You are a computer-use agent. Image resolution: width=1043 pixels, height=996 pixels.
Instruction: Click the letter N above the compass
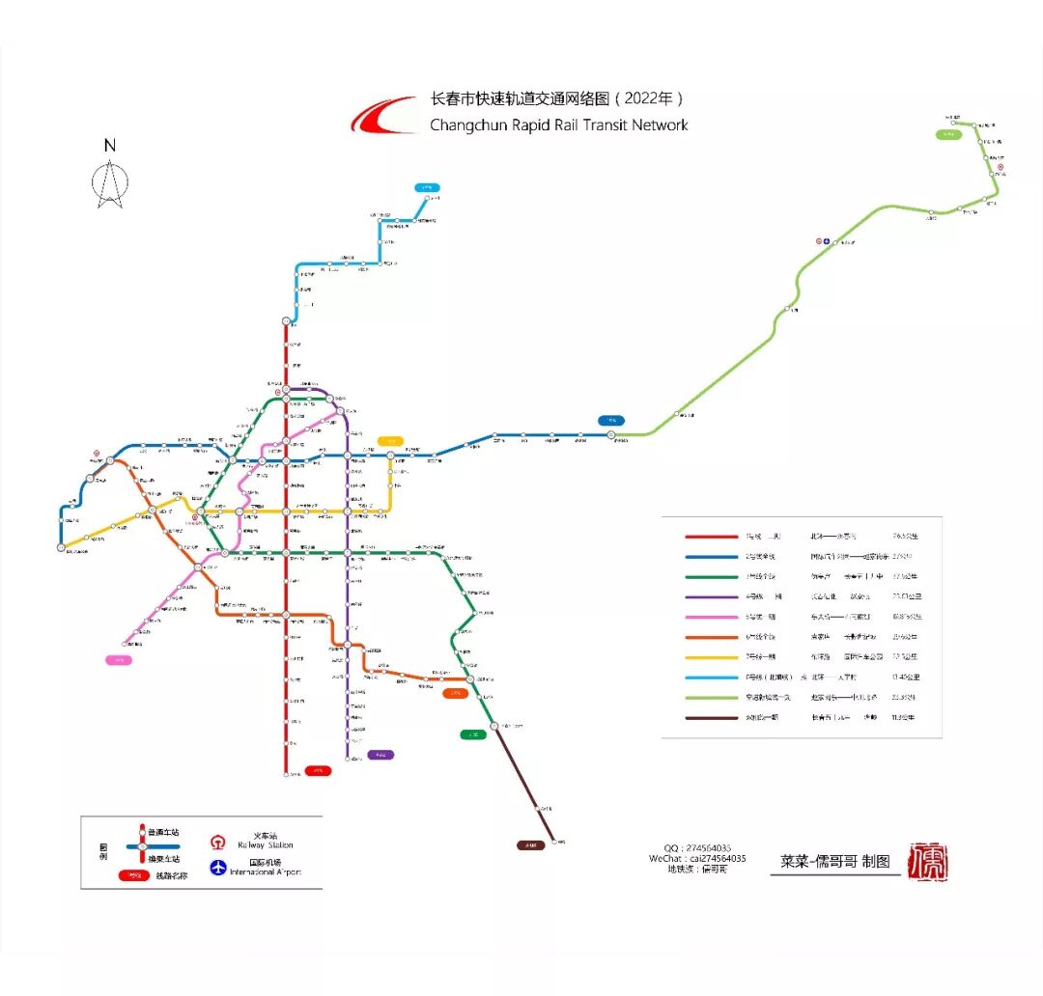coord(110,146)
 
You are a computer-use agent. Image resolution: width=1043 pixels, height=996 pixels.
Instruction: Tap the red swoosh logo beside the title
coord(383,118)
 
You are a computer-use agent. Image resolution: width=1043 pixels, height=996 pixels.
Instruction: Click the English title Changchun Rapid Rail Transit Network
coord(558,124)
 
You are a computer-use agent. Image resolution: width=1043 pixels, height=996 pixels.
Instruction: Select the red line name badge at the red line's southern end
coord(318,770)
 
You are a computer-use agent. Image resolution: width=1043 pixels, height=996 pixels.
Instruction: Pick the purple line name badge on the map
coord(380,755)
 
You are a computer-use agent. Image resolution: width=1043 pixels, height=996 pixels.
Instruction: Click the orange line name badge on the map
coord(454,693)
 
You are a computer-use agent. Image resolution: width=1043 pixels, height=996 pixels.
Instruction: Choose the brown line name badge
coord(530,845)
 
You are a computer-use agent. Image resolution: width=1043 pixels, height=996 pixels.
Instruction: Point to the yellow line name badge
coord(390,440)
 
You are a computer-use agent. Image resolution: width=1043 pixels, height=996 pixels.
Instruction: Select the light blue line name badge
coord(427,187)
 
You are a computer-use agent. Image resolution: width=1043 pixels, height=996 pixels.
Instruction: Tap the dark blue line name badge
coord(611,420)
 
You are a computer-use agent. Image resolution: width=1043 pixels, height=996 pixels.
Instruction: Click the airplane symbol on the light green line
coord(827,241)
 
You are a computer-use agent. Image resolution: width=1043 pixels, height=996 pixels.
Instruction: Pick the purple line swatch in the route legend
coord(711,596)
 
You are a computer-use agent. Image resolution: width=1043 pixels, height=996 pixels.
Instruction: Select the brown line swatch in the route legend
coord(711,718)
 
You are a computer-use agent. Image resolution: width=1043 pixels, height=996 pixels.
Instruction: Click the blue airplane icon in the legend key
coord(218,867)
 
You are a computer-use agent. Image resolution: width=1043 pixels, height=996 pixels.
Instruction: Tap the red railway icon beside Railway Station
coord(218,840)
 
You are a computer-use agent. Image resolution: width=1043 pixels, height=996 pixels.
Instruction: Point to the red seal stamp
coord(930,861)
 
